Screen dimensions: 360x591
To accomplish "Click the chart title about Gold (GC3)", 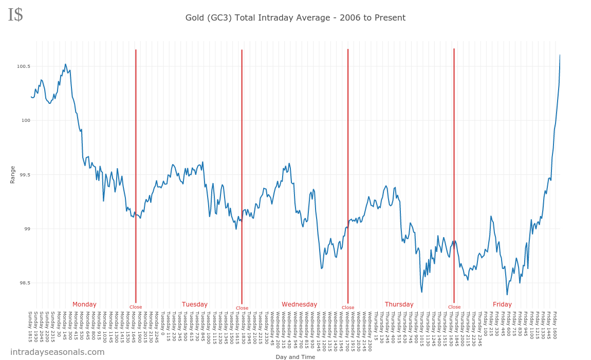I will click(295, 18).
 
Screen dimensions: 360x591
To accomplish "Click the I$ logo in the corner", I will click(15, 15).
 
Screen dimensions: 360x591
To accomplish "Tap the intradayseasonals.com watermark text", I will click(58, 352).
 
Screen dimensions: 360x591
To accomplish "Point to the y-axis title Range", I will click(12, 174).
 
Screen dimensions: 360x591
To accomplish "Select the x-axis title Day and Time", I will click(295, 357).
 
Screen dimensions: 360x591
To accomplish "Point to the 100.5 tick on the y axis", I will click(24, 66).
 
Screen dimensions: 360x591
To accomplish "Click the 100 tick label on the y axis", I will click(25, 120).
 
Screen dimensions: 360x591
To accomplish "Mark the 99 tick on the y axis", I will click(26, 229).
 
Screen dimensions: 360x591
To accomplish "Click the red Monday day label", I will click(84, 304).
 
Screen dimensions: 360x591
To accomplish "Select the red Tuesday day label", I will click(195, 304).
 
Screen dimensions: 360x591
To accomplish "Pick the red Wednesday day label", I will click(300, 304).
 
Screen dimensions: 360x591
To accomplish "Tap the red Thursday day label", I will click(399, 304).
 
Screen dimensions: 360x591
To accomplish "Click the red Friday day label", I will click(502, 304).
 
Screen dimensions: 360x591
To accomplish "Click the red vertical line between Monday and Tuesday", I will click(136, 175).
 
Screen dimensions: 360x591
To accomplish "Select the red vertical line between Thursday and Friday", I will click(454, 175).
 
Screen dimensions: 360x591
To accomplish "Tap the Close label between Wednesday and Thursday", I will click(348, 308).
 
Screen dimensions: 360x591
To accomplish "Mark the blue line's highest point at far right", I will click(560, 55).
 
